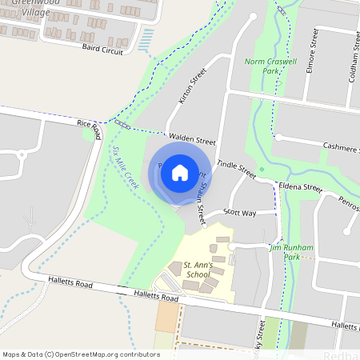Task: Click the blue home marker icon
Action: [180, 172]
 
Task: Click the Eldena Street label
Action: [299, 187]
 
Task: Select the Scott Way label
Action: [239, 213]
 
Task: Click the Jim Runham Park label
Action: [293, 252]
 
